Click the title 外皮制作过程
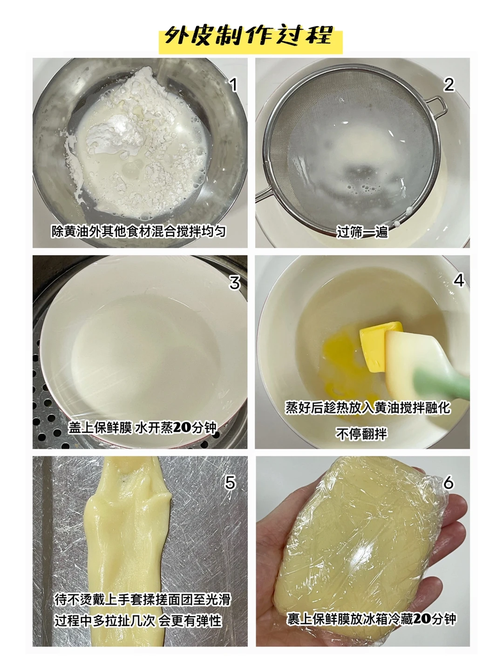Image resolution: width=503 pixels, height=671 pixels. coord(249,36)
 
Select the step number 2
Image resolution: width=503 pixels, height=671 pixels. coord(449,85)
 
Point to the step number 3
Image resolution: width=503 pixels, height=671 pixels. coord(234,283)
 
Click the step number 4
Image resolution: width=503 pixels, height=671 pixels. coord(459,280)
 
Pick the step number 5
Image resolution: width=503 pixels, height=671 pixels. coord(230,483)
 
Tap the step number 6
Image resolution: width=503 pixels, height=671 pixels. coord(449,483)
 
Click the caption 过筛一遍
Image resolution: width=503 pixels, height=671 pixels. coord(363,232)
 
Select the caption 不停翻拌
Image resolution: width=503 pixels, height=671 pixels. coord(361,434)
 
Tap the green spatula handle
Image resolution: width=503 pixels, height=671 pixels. coord(440,383)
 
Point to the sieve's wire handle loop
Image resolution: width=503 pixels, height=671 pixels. coord(437,107)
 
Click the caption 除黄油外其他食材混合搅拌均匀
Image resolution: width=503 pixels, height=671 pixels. coord(139,231)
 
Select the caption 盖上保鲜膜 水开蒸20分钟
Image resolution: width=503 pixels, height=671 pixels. coord(142,428)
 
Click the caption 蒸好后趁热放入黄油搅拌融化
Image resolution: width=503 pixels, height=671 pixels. coord(368,408)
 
